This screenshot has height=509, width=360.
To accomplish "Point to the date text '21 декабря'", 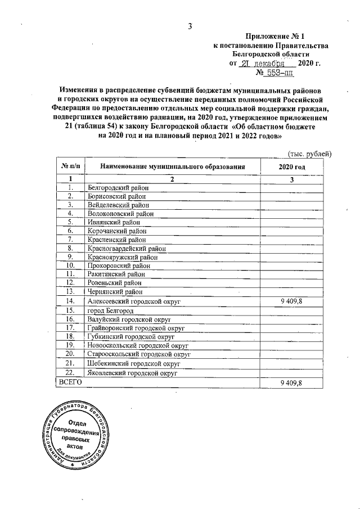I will pyautogui.click(x=263, y=63).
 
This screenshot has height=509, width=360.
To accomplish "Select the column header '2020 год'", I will pyautogui.click(x=291, y=167).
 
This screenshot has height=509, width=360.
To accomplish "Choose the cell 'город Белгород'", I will pyautogui.click(x=110, y=310).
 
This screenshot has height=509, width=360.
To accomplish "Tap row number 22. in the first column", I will pyautogui.click(x=70, y=372).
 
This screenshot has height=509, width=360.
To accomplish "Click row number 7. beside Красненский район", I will pyautogui.click(x=70, y=240).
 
